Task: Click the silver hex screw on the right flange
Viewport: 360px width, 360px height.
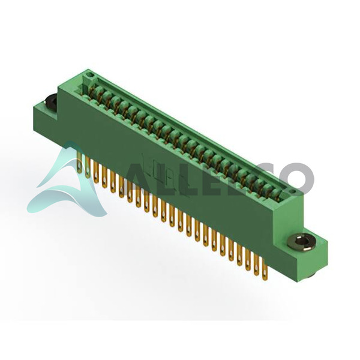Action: click(299, 241)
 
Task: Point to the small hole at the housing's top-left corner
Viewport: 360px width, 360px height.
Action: click(91, 75)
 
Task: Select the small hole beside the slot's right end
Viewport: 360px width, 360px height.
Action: click(292, 191)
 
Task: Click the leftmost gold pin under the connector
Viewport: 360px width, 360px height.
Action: click(79, 161)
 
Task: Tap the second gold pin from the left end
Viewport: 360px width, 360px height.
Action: click(88, 166)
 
